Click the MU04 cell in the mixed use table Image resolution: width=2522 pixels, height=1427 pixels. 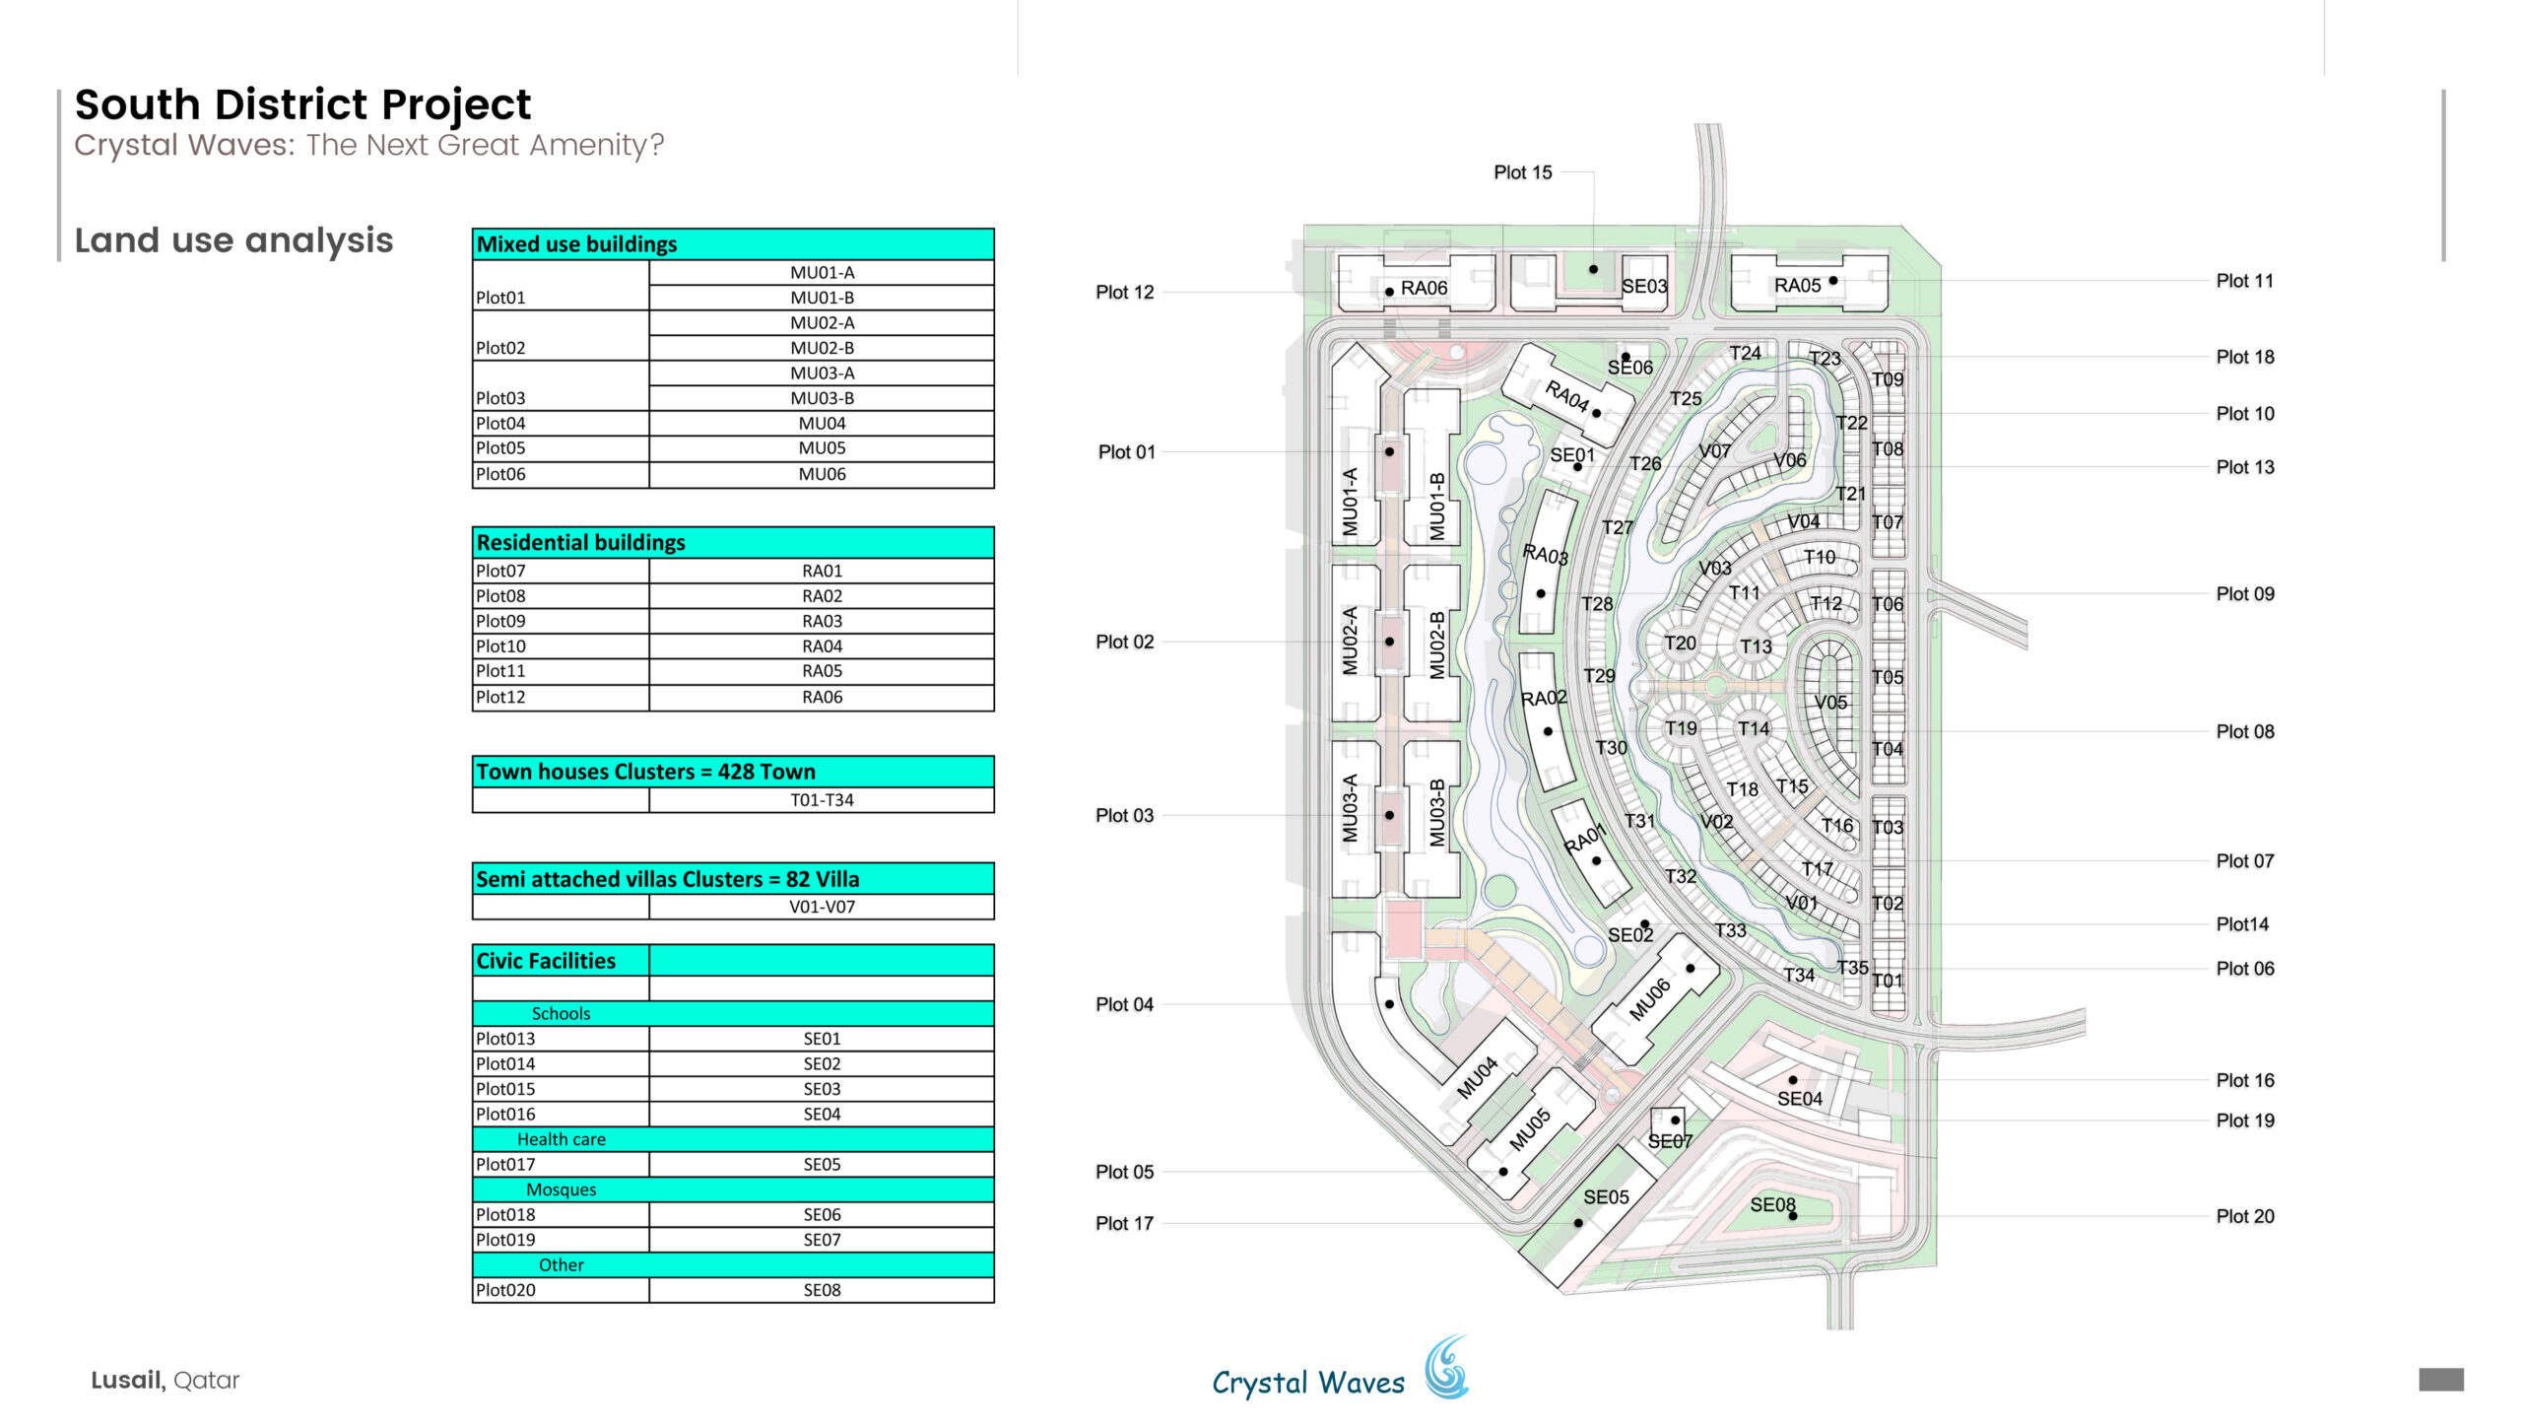click(x=822, y=423)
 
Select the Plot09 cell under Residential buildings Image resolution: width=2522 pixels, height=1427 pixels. click(x=561, y=621)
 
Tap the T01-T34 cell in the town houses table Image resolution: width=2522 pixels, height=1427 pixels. click(x=822, y=800)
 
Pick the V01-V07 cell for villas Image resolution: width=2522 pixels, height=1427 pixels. click(x=822, y=907)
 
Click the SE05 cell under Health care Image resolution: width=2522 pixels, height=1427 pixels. click(x=822, y=1164)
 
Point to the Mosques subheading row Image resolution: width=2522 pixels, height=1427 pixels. click(x=733, y=1189)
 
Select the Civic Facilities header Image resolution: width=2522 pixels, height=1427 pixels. click(x=561, y=961)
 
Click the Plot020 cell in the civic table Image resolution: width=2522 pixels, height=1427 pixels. click(x=561, y=1290)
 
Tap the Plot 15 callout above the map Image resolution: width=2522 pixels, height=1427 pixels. click(x=1522, y=172)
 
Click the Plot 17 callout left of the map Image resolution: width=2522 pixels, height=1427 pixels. click(x=1124, y=1223)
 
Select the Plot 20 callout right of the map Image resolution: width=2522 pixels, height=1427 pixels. click(x=2245, y=1216)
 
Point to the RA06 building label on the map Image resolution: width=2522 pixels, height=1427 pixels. click(x=1424, y=288)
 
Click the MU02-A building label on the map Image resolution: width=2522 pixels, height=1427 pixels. click(x=1350, y=641)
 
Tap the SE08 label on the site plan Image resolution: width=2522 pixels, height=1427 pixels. click(x=1772, y=1204)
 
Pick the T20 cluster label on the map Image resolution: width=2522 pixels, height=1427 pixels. click(x=1681, y=643)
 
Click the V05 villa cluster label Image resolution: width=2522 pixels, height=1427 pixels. click(x=1830, y=702)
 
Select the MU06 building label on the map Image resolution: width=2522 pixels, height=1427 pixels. click(x=1649, y=998)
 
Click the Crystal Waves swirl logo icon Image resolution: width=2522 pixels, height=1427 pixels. click(x=1446, y=1367)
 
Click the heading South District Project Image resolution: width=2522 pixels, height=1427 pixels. click(x=302, y=104)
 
